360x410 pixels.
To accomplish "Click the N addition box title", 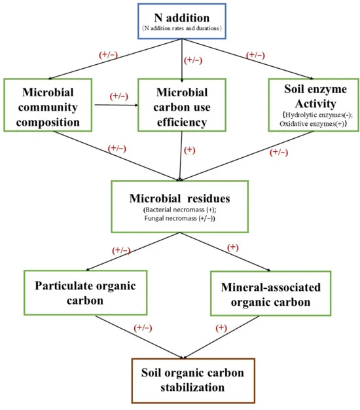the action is (x=182, y=18).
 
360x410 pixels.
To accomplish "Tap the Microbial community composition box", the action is (x=48, y=105).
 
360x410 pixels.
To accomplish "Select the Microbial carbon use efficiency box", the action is (x=182, y=105).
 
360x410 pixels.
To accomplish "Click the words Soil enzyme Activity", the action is (x=315, y=96).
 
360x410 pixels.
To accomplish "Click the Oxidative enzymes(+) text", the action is (x=313, y=123).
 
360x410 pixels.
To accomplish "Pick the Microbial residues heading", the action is (x=180, y=198).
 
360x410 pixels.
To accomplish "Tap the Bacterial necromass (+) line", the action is (x=180, y=210).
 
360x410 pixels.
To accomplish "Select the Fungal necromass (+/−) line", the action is (x=180, y=218).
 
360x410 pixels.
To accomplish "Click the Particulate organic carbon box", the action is (x=86, y=293).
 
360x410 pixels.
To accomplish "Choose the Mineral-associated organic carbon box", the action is (x=270, y=293).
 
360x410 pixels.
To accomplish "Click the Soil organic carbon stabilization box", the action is (x=193, y=381).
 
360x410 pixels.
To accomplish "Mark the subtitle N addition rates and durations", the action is (x=182, y=28).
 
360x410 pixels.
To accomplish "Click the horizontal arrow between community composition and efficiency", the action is (x=117, y=105).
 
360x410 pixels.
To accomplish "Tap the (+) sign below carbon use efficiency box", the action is (x=189, y=150).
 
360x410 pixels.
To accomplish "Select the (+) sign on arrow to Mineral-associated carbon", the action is (x=233, y=248).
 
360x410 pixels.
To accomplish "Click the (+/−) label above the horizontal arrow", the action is (x=119, y=96).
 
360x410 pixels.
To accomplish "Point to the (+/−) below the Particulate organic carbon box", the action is (x=143, y=328).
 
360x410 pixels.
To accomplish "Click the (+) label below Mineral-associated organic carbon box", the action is (x=221, y=328).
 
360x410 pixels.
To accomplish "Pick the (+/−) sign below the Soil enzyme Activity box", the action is (x=279, y=152).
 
